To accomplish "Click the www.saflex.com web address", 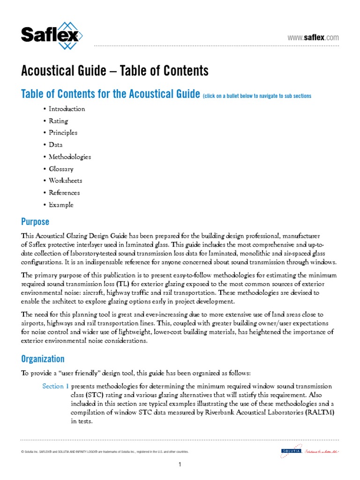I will pyautogui.click(x=313, y=37).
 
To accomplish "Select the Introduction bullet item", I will pyautogui.click(x=67, y=109).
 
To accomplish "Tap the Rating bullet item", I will pyautogui.click(x=58, y=121).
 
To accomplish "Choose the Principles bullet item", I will pyautogui.click(x=63, y=133).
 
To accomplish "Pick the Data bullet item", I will pyautogui.click(x=55, y=145).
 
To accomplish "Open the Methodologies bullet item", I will pyautogui.click(x=70, y=157).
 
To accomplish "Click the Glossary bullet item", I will pyautogui.click(x=61, y=169).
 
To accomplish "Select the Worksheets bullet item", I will pyautogui.click(x=65, y=180).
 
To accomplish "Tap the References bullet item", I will pyautogui.click(x=64, y=193).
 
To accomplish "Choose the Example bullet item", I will pyautogui.click(x=61, y=205).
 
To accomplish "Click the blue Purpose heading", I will pyautogui.click(x=35, y=221).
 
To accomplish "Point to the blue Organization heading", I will pyautogui.click(x=43, y=359).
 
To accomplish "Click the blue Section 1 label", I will pyautogui.click(x=55, y=386).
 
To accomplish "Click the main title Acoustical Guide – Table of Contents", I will pyautogui.click(x=114, y=71).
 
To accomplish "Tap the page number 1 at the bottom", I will pyautogui.click(x=180, y=465).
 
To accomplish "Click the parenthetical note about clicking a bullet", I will pyautogui.click(x=257, y=96).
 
